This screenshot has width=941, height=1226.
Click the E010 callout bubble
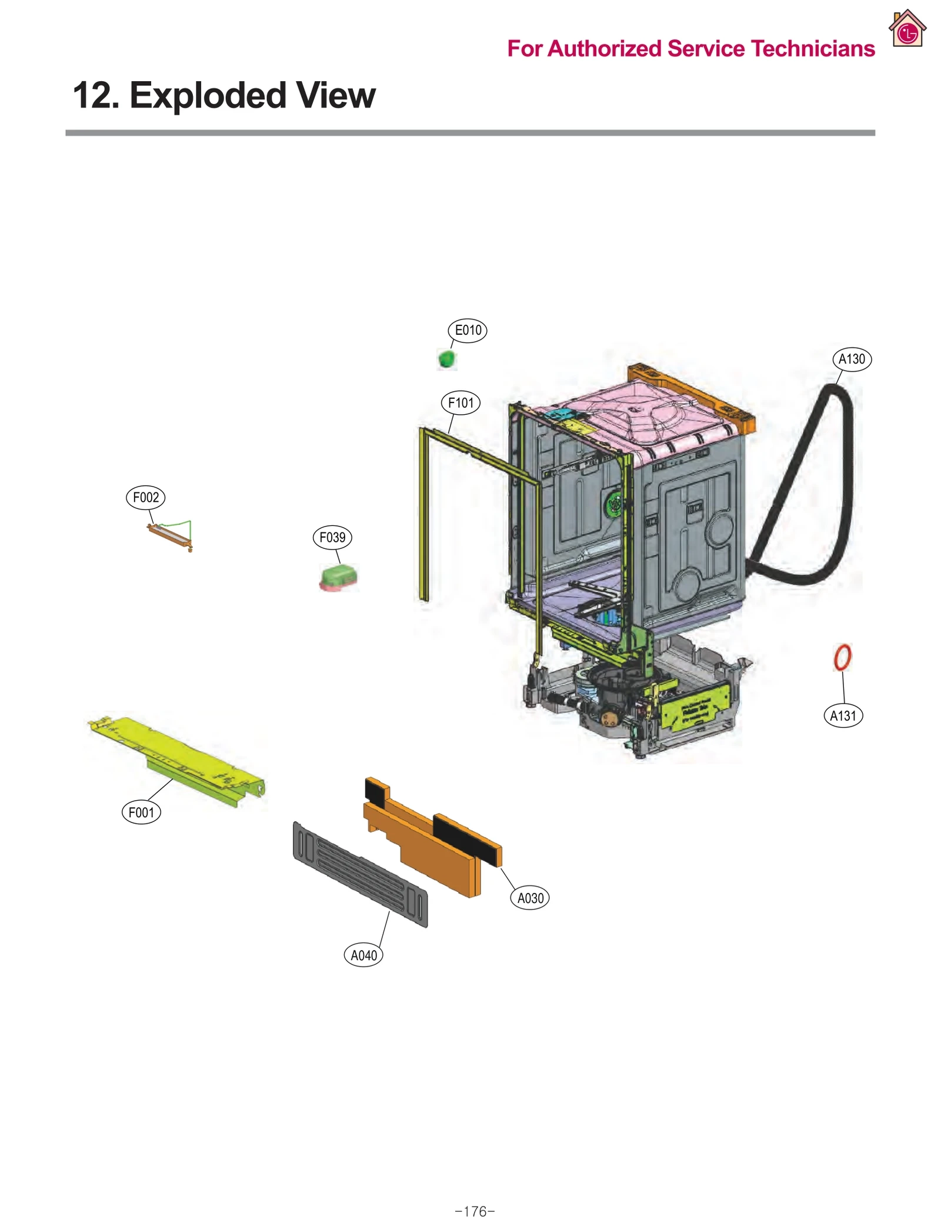coord(468,330)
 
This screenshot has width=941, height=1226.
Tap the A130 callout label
coord(852,359)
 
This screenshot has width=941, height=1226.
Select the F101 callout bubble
coord(461,403)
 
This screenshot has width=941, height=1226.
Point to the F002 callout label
coord(146,497)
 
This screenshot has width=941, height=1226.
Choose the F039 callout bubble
coord(332,537)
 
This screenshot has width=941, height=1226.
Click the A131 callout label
coord(843,715)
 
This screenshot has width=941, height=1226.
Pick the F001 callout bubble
coord(141,812)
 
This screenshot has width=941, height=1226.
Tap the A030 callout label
coord(530,898)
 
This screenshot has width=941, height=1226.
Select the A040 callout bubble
coord(363,955)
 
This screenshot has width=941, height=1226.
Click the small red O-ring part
coord(842,657)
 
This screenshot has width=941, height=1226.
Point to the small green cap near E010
coord(447,358)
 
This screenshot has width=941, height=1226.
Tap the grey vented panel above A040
coord(360,874)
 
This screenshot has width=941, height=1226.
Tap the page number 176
coord(475,1211)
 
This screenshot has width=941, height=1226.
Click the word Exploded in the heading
coord(208,95)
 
